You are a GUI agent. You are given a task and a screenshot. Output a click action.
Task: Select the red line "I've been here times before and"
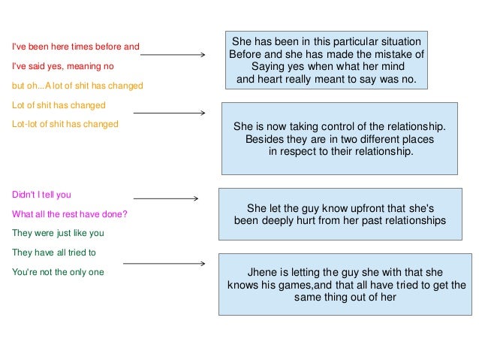[x=75, y=47]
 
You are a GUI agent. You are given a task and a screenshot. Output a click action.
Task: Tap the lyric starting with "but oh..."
[x=77, y=86]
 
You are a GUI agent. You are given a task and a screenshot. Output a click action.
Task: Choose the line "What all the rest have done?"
[x=69, y=213]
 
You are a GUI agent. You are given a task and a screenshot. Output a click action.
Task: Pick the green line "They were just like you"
[x=58, y=233]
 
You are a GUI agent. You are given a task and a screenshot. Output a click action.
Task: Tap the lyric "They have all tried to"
[x=54, y=253]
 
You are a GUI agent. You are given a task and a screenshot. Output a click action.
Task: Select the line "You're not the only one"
[x=58, y=272]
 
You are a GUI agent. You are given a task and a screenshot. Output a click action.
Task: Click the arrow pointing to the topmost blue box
[x=173, y=55]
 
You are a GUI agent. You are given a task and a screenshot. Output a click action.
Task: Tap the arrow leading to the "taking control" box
[x=168, y=113]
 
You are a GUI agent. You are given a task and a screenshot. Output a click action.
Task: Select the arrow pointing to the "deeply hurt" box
[x=165, y=198]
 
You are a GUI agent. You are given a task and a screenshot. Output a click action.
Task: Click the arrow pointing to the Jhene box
[x=164, y=264]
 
